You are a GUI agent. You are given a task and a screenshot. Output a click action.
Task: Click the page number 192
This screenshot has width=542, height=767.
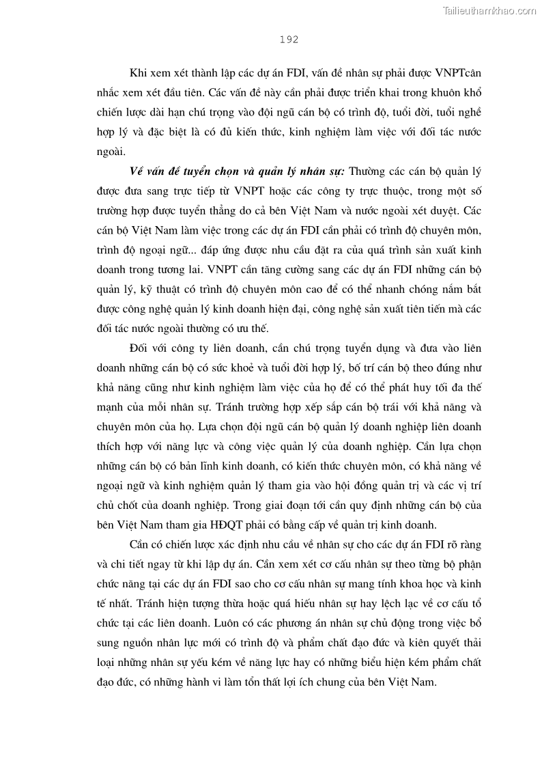point(289,40)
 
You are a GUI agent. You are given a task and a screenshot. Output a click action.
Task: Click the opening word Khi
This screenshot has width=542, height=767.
point(137,72)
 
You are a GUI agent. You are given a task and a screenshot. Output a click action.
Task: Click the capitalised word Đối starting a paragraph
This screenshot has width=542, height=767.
point(139,348)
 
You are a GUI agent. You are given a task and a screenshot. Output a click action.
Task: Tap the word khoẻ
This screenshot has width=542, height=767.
point(272,367)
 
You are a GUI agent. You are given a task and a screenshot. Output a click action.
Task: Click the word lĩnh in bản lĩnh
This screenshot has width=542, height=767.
point(206,466)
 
